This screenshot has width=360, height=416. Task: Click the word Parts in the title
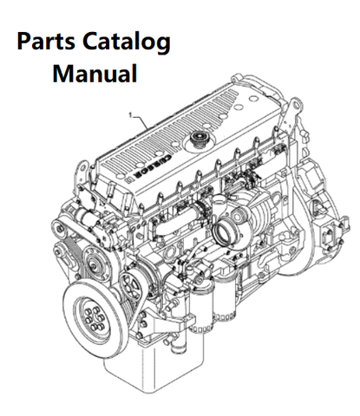point(49,42)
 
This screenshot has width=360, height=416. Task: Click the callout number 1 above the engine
point(129,114)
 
